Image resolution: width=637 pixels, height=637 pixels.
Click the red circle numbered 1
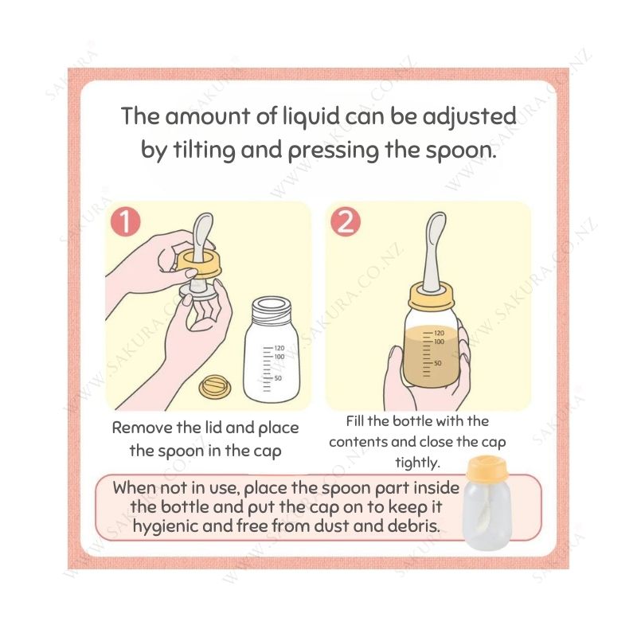126,222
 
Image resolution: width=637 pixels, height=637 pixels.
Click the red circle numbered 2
346,222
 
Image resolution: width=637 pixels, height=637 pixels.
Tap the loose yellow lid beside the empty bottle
215,387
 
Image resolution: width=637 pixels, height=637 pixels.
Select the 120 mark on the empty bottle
279,348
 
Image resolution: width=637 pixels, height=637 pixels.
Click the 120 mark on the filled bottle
440,333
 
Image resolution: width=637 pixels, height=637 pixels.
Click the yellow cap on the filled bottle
431,296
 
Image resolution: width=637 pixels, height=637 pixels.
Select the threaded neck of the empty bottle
272,312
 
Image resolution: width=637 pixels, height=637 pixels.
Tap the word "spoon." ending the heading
461,151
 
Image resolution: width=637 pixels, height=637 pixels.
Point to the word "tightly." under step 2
417,463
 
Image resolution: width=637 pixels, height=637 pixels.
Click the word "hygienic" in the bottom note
165,526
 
